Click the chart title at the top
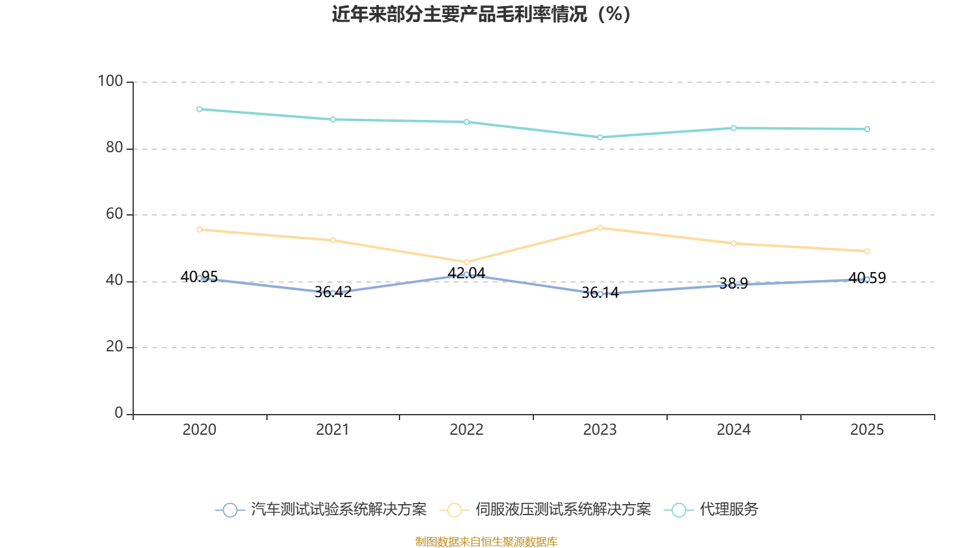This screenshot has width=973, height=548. tap(481, 14)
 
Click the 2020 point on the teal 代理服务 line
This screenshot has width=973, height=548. tap(199, 109)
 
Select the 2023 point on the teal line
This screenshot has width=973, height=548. tap(600, 137)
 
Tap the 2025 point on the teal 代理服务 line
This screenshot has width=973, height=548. tap(867, 129)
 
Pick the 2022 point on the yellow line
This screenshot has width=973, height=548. tap(466, 262)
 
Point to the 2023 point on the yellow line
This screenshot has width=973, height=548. tap(600, 228)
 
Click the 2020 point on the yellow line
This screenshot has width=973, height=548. tap(199, 230)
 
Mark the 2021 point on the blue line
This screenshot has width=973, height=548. tap(333, 293)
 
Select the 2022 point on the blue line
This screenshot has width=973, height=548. tap(466, 274)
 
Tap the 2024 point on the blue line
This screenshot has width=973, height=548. tap(733, 284)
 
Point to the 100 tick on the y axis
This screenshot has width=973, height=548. tap(110, 81)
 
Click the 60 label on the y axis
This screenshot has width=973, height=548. tap(114, 214)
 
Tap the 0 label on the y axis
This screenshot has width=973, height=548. tap(119, 413)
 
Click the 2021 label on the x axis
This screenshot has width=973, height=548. tap(333, 430)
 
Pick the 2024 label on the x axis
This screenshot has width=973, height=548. tap(733, 430)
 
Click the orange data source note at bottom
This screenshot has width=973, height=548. tap(486, 541)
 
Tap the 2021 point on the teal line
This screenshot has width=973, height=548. tap(333, 119)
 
